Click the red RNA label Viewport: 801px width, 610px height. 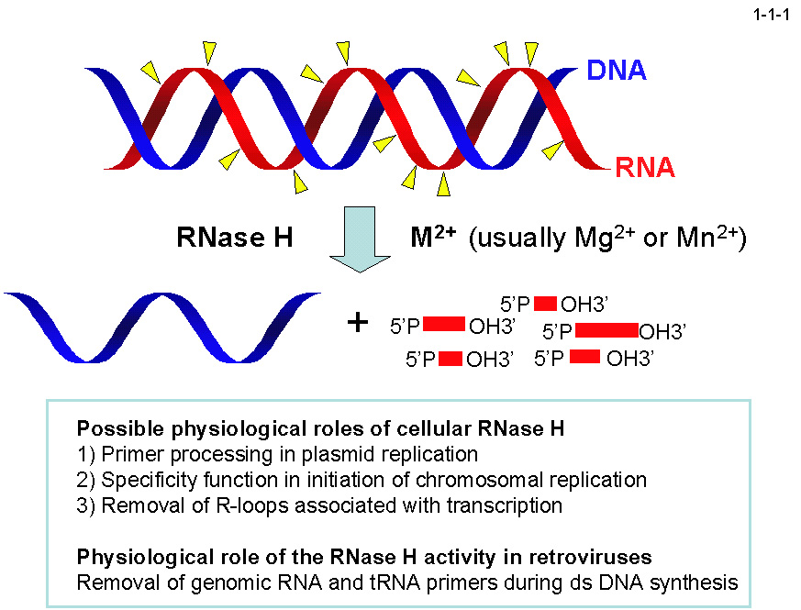pos(645,168)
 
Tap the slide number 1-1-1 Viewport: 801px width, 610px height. pos(771,14)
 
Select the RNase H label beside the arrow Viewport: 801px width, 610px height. pos(234,239)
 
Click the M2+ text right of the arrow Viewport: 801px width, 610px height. pos(432,238)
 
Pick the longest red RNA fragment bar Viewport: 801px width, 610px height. pos(606,329)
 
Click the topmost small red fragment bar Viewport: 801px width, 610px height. pos(546,303)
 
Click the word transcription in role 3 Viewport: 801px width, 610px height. pos(511,505)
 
